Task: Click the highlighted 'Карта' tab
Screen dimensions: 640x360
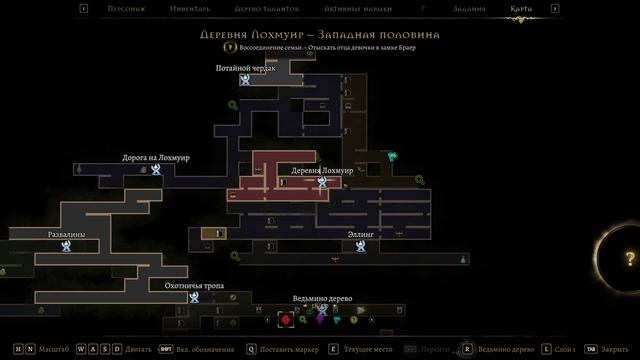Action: pos(520,9)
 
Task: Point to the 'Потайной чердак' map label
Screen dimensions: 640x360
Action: pos(245,68)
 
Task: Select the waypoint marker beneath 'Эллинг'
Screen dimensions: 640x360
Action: pos(360,246)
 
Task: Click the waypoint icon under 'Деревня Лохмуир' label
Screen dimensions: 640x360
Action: pos(322,182)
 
